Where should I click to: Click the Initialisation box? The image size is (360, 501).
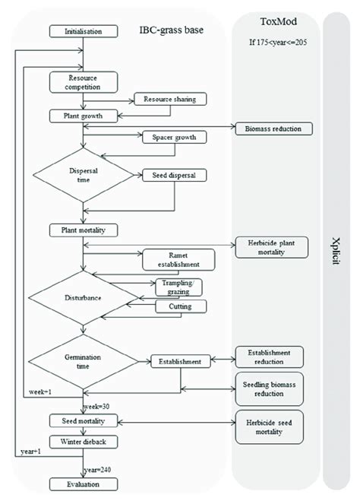point(84,31)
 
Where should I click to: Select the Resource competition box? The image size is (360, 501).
point(84,81)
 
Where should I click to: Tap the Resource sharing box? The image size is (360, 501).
point(169,99)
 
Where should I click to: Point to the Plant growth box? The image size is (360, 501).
point(84,116)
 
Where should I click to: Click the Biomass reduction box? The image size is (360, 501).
point(273,128)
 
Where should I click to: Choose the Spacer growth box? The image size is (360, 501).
point(174,138)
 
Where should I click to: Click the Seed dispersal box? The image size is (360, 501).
point(174,175)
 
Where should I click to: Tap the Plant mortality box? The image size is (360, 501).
point(84,230)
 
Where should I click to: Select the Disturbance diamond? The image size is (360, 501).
point(83,299)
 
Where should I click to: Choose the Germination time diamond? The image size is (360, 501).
point(83,361)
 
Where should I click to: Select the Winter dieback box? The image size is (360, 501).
point(84,441)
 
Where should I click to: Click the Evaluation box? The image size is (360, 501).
point(84,484)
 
